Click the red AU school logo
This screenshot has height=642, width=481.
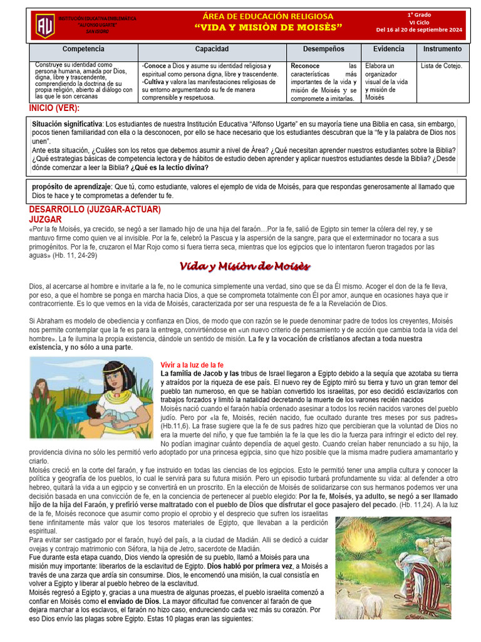tap(44, 26)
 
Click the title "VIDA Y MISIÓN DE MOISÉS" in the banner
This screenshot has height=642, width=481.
tap(269, 27)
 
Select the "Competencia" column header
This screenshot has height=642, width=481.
tap(83, 49)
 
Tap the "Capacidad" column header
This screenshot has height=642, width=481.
tap(212, 49)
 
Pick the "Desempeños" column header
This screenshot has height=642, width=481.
tap(323, 49)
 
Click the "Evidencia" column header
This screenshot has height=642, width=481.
tap(388, 49)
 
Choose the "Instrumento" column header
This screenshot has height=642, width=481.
tap(442, 49)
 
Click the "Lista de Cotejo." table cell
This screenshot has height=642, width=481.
tap(441, 66)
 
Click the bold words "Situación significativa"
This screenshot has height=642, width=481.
tap(67, 124)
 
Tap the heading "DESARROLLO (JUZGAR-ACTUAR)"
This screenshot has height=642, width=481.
tap(95, 209)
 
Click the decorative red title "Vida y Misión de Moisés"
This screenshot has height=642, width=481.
tap(245, 266)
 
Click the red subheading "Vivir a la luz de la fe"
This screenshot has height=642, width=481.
tap(192, 365)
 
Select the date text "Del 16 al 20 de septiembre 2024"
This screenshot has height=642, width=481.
tap(419, 29)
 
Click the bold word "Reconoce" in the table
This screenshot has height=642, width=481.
tap(305, 66)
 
